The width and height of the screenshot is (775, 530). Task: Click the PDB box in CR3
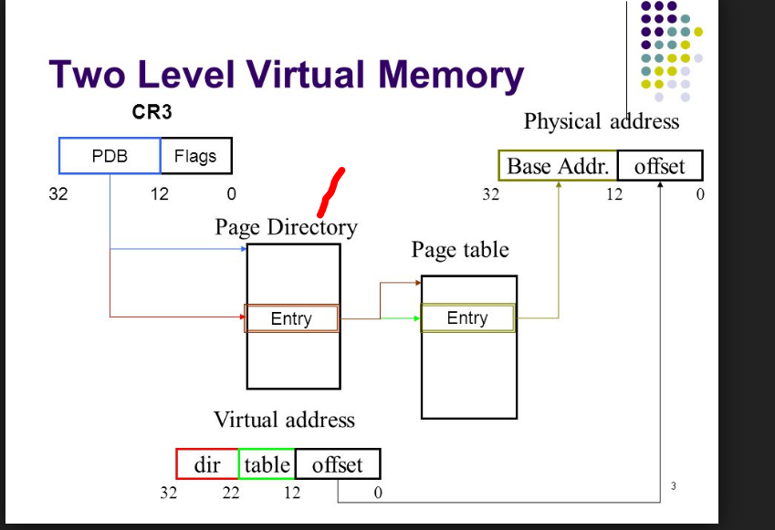coord(110,156)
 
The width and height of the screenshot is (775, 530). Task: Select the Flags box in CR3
coord(195,156)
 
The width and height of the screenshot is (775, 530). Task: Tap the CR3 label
coord(152,114)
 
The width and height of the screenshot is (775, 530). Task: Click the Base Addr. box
coord(558,166)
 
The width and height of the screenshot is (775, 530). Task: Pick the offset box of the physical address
coord(659,166)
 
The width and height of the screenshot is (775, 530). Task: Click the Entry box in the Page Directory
coord(291,318)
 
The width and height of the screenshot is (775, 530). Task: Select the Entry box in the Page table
coord(467,318)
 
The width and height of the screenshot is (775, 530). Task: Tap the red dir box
coord(207,464)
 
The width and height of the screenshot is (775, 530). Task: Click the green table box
coord(267,464)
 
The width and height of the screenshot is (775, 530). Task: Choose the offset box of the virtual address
coord(337,464)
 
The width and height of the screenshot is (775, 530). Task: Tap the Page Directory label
coord(286,226)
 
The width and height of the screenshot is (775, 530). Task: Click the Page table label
coord(460,249)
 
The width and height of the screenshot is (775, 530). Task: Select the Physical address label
coord(602,121)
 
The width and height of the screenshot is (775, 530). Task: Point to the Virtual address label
coord(284,420)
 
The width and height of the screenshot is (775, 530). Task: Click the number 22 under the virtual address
coord(230,494)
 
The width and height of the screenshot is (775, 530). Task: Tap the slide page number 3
coord(673,486)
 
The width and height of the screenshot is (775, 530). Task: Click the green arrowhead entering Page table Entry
coord(415,318)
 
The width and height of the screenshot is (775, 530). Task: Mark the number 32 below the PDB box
coord(58,193)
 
